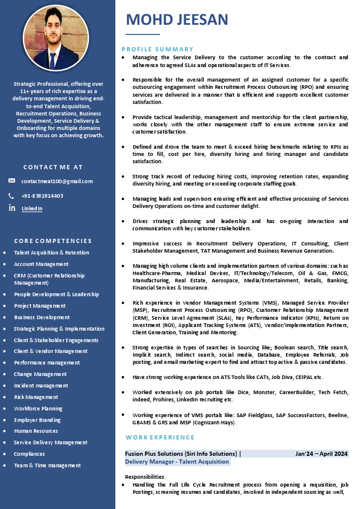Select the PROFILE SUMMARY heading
point(158,49)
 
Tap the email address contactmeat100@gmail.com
point(57,181)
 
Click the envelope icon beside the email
point(12,181)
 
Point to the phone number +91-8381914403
point(42,196)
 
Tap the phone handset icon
point(11,196)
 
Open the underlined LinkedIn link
point(32,209)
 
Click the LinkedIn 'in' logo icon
point(12,208)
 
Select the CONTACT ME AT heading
point(53,167)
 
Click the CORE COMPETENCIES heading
point(53,241)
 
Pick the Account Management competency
point(41,264)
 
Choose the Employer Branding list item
point(37,420)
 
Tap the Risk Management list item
point(36,397)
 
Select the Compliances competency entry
point(30,454)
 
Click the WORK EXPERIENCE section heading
point(160,437)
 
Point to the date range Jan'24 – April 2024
point(321,453)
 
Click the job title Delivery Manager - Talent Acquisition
point(177,462)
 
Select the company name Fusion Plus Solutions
point(160,453)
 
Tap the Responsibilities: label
point(145,477)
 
